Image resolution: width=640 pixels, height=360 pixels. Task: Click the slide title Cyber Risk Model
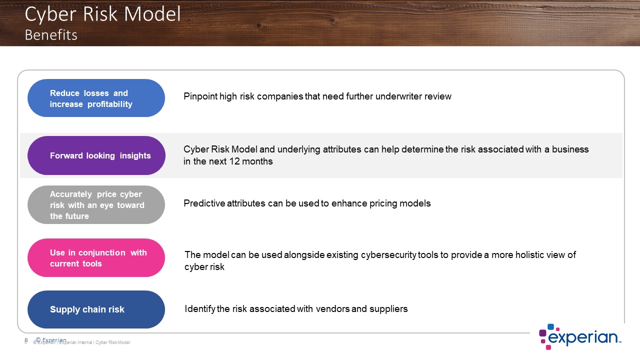(x=103, y=15)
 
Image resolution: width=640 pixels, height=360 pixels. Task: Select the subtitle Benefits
(x=51, y=35)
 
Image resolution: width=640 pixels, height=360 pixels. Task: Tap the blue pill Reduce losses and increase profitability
(x=96, y=98)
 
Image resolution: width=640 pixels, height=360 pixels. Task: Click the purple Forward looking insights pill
(x=96, y=155)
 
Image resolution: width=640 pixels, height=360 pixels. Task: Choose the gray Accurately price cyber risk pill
(x=96, y=205)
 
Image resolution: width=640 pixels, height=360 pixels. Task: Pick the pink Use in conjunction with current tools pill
(x=96, y=257)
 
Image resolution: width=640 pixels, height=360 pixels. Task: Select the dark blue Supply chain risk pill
(x=96, y=309)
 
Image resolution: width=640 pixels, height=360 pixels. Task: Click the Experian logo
(x=580, y=337)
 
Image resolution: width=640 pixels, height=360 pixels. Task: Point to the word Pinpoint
(x=200, y=96)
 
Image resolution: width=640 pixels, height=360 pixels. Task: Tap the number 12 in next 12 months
(x=234, y=161)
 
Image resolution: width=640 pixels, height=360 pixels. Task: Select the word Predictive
(x=204, y=203)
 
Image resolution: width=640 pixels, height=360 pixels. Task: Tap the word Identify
(x=199, y=309)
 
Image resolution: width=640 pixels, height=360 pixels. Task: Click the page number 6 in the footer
(x=26, y=340)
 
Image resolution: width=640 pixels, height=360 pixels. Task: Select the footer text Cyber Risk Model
(x=112, y=342)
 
